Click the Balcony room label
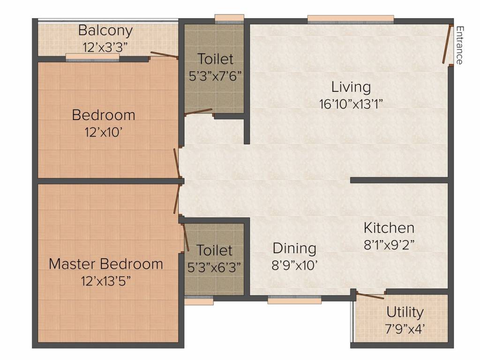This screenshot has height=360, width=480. pos(105,31)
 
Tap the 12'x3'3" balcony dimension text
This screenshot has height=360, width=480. pos(105,47)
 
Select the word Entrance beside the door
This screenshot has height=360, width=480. pos(459,45)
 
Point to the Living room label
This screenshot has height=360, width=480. pos(351,87)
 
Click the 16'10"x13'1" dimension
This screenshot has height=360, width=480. pos(351,104)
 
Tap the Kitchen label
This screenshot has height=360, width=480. pos(389,228)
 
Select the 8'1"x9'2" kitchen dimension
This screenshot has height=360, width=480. pos(389,244)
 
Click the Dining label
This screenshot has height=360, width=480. pos(294,248)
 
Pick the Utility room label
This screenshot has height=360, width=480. pos(405,312)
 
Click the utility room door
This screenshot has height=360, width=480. pos(370,295)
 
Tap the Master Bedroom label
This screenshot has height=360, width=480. pos(106,263)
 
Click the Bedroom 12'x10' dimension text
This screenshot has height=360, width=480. pos(104,132)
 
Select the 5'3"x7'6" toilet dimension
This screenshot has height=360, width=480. pos(215,76)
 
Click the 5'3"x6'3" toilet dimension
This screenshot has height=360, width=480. pos(214,267)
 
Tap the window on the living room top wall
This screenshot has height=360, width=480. pos(351,19)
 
